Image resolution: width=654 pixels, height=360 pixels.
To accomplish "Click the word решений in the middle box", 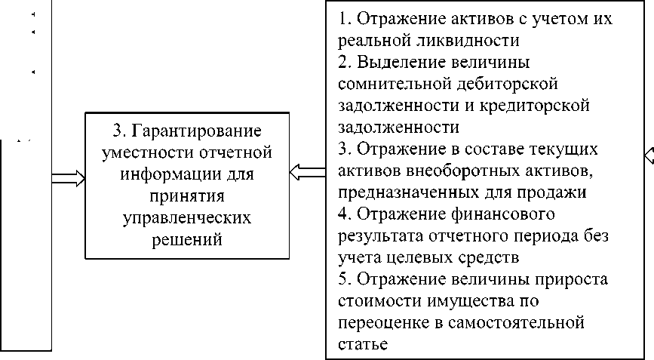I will pos(186,239).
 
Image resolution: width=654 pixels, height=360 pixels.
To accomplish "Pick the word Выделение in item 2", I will pos(399,60).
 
